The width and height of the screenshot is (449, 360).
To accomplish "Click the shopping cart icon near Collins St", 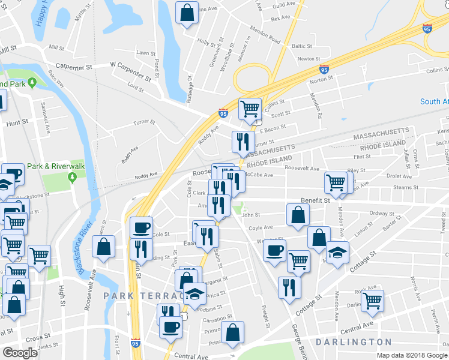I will [250, 109].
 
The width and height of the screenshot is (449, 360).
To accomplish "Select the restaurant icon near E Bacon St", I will [243, 141].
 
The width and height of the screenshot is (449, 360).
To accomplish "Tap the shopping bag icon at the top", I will [187, 12].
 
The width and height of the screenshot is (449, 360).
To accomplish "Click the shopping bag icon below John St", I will [298, 215].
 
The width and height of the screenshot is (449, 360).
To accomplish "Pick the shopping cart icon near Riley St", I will [336, 182].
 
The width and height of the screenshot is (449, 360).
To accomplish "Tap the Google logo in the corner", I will [20, 353].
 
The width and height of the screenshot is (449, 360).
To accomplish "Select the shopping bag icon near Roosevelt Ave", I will [104, 246].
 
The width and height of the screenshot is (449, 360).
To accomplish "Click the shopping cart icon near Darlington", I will [373, 301].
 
